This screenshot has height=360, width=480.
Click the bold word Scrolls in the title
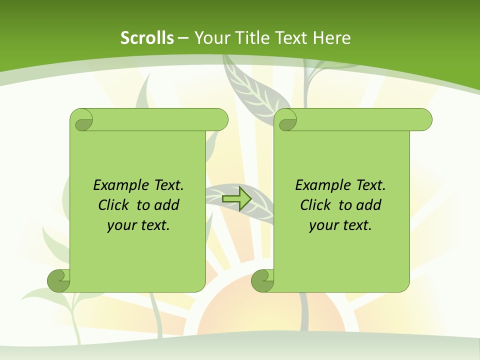tap(147, 38)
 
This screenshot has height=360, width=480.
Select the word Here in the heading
tap(331, 38)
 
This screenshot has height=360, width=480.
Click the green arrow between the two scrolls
tap(236, 199)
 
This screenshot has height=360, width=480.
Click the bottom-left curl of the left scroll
tap(58, 280)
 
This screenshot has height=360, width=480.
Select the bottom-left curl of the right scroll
tap(262, 280)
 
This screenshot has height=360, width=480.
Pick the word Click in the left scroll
tap(115, 205)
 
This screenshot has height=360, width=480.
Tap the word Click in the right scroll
tap(317, 205)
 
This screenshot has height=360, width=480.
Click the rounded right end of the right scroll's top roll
tap(425, 119)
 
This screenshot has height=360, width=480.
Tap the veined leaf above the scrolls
tap(253, 90)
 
